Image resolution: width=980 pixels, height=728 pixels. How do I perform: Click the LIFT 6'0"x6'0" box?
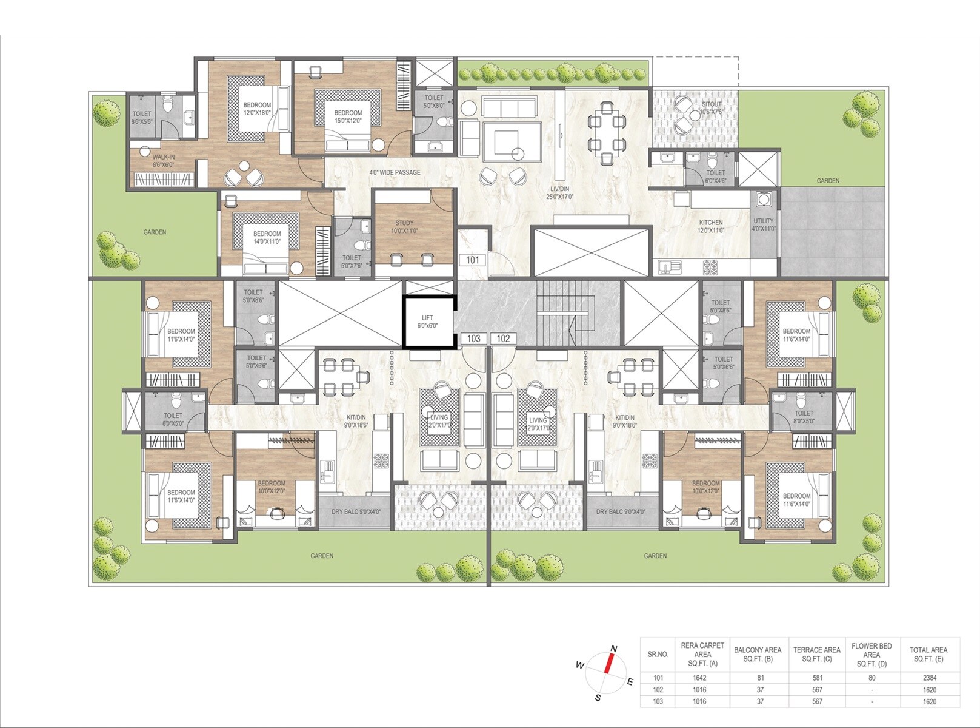[x=428, y=322]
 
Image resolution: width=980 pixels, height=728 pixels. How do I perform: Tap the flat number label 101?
[x=473, y=260]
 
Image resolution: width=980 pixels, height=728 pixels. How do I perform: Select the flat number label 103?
[x=474, y=339]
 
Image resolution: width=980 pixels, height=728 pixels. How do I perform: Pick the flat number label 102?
[x=504, y=339]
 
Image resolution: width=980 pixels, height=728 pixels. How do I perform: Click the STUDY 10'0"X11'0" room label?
[x=405, y=227]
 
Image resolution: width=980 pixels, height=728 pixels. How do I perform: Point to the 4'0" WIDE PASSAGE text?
[x=395, y=172]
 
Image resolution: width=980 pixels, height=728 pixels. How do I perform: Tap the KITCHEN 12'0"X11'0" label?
[x=711, y=226]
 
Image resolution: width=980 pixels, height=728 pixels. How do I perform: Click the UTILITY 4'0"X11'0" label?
[x=764, y=224]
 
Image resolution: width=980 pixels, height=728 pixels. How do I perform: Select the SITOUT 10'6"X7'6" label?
[x=712, y=108]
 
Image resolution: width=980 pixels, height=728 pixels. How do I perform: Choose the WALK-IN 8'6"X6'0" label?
[x=163, y=161]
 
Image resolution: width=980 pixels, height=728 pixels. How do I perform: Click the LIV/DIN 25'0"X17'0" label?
[x=559, y=193]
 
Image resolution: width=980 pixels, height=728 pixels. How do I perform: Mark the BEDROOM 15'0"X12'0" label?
[x=348, y=116]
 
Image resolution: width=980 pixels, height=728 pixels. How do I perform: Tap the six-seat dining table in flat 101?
[x=607, y=133]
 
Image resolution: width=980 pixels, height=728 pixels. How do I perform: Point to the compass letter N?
[x=614, y=649]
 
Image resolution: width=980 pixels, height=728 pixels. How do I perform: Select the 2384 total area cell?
[x=930, y=678]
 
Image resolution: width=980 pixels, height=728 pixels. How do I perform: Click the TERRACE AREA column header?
[x=816, y=654]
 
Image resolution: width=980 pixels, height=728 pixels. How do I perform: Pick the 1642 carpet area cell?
[x=699, y=678]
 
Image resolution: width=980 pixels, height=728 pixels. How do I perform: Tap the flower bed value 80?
[x=872, y=678]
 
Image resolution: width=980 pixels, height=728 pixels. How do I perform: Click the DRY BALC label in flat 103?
[x=356, y=511]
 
